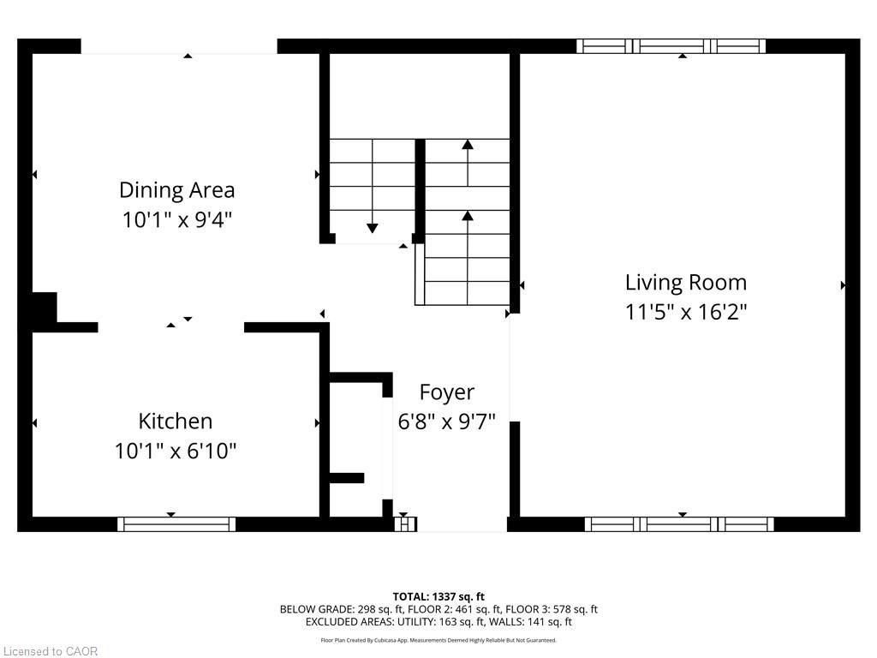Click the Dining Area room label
click(176, 189)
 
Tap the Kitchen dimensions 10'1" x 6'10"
click(176, 451)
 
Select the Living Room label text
click(685, 282)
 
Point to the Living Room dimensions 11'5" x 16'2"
click(685, 311)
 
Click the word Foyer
click(446, 392)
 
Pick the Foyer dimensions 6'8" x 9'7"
click(446, 422)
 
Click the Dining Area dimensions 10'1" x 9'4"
click(176, 219)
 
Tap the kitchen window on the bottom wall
click(176, 524)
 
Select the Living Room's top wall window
click(671, 46)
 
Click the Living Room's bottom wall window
click(679, 524)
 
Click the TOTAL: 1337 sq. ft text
click(438, 596)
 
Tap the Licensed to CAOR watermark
click(51, 651)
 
